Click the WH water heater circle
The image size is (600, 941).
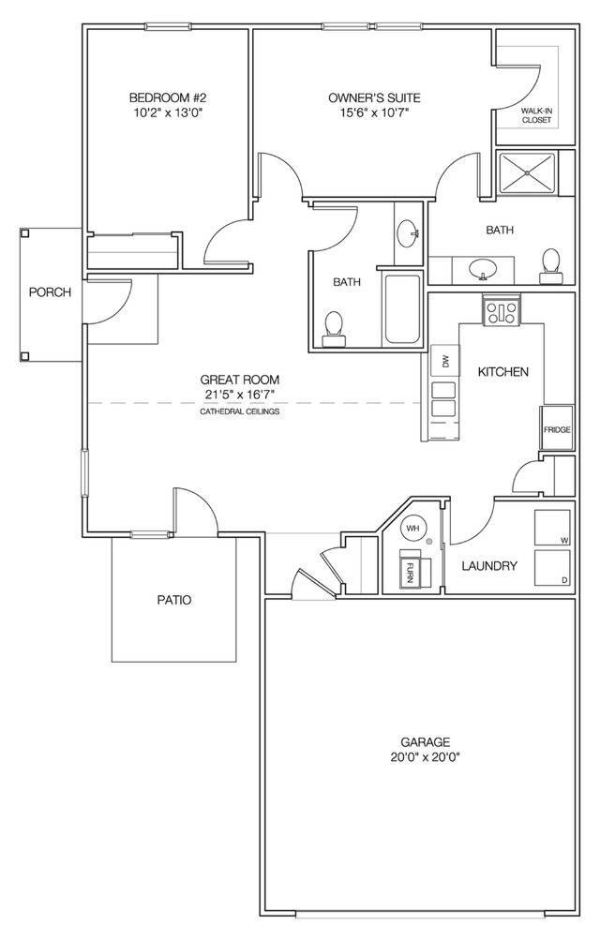pyautogui.click(x=412, y=529)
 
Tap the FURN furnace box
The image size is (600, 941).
pyautogui.click(x=411, y=568)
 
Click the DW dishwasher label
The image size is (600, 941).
pyautogui.click(x=444, y=361)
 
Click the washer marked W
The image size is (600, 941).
pyautogui.click(x=550, y=529)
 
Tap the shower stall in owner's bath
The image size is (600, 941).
pyautogui.click(x=527, y=172)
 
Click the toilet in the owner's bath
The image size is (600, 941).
pyautogui.click(x=550, y=264)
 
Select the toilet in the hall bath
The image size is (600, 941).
pyautogui.click(x=332, y=324)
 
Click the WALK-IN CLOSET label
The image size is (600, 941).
pyautogui.click(x=536, y=115)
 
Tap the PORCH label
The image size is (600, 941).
pyautogui.click(x=50, y=292)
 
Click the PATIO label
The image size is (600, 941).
pyautogui.click(x=174, y=600)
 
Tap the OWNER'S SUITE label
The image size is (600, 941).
pyautogui.click(x=374, y=97)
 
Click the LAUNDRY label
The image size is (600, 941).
pyautogui.click(x=490, y=566)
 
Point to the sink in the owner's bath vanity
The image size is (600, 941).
pyautogui.click(x=483, y=268)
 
